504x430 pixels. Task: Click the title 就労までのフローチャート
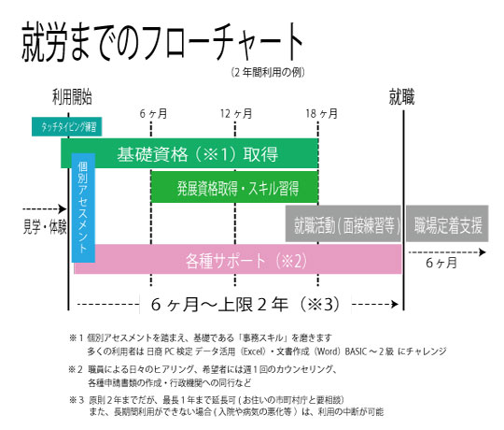coord(162,42)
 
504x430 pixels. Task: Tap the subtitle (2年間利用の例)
coord(268,72)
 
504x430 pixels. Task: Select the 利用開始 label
coord(72,97)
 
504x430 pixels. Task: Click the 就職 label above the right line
coord(401,97)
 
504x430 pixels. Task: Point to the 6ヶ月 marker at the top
coord(153,114)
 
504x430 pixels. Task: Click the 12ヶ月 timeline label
coord(236,114)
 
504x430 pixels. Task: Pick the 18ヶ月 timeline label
coord(321,114)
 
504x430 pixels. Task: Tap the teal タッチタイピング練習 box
coord(67,126)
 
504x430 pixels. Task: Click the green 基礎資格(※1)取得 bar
coord(189,153)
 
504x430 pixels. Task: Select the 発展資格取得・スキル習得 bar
coord(234,187)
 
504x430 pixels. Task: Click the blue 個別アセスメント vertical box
coord(83,208)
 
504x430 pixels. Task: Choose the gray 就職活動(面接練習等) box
coord(343,223)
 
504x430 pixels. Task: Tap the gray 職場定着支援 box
coord(447,223)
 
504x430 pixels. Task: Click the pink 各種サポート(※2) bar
coord(238,260)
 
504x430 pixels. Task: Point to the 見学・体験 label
coord(45,226)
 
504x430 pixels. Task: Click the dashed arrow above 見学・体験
coord(45,209)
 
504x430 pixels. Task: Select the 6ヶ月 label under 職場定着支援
coord(441,263)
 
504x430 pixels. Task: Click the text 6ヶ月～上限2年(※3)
coord(245,304)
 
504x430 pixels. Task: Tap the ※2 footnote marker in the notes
coord(76,369)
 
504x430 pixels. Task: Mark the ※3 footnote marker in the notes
coord(77,400)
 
